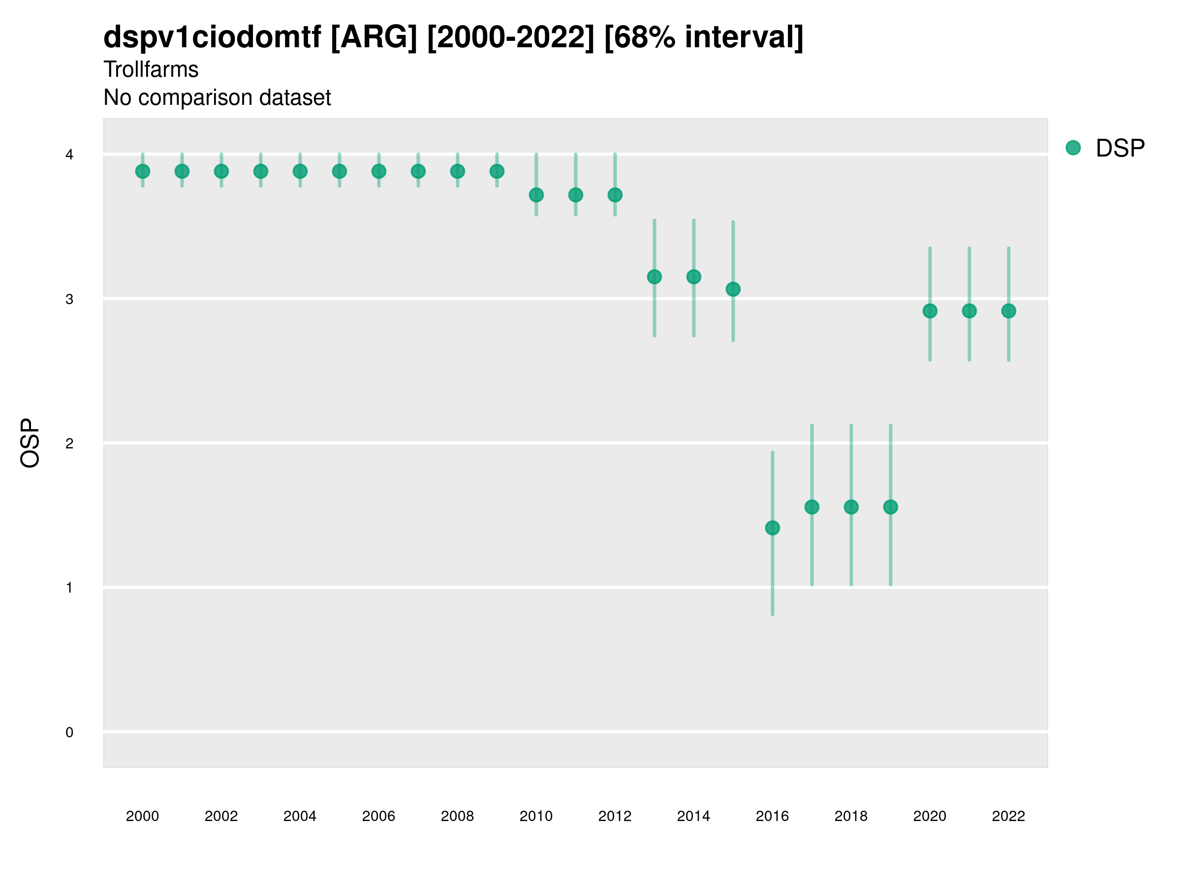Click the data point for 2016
[772, 528]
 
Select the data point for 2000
[143, 171]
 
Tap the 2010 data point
[536, 195]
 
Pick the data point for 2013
[654, 277]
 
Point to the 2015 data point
[733, 289]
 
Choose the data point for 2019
[891, 507]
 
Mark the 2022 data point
[1009, 311]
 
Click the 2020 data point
[930, 311]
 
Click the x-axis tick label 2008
[457, 816]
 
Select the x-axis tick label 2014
[693, 816]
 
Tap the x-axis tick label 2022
[1009, 816]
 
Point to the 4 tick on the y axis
[69, 155]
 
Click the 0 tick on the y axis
[69, 732]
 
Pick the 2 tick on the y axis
[69, 443]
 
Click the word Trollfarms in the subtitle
[151, 69]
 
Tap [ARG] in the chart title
[373, 37]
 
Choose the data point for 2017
[811, 507]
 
